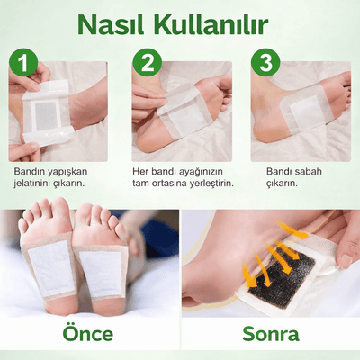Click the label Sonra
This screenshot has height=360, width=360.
(x=270, y=334)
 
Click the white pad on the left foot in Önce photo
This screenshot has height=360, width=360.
(x=52, y=265)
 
